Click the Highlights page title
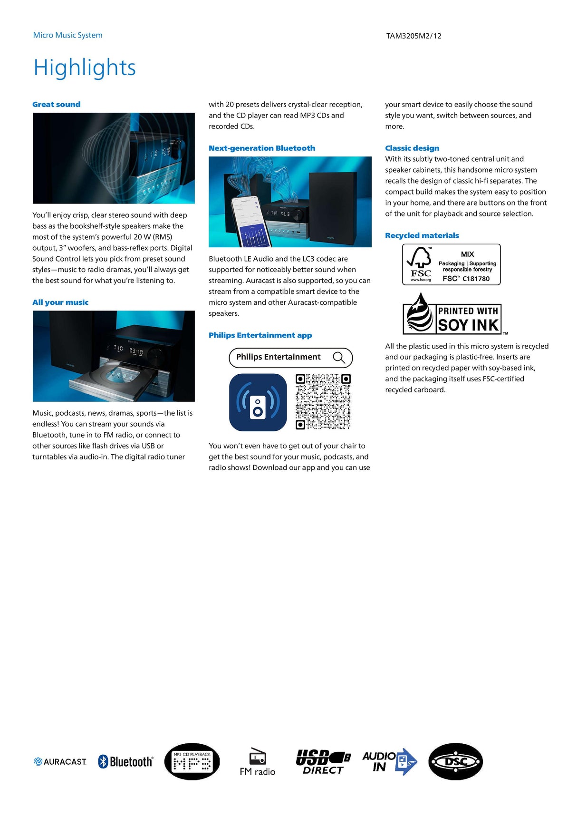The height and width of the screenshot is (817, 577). (x=85, y=68)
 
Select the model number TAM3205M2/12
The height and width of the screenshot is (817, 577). (x=414, y=36)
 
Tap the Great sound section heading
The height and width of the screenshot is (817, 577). (x=57, y=105)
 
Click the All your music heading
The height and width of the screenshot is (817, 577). (x=60, y=302)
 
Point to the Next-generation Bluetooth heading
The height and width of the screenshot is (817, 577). (x=262, y=148)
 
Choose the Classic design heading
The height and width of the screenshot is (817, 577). (x=412, y=148)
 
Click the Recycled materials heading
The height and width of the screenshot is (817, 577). (x=422, y=236)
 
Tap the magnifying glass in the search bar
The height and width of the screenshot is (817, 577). (x=339, y=358)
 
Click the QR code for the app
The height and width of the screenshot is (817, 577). (x=323, y=402)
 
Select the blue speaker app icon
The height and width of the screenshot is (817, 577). (x=258, y=402)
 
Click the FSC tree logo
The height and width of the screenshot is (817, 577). (x=420, y=264)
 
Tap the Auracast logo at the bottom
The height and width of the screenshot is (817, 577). (x=60, y=761)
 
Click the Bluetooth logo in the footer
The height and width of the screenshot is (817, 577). (x=125, y=761)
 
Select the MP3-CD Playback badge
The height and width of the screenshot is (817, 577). (x=192, y=761)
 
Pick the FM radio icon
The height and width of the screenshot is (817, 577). (x=258, y=761)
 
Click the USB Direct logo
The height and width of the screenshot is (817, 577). (x=323, y=761)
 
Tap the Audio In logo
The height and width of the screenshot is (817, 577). (x=389, y=761)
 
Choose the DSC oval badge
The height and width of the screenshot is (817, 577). (x=455, y=761)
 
